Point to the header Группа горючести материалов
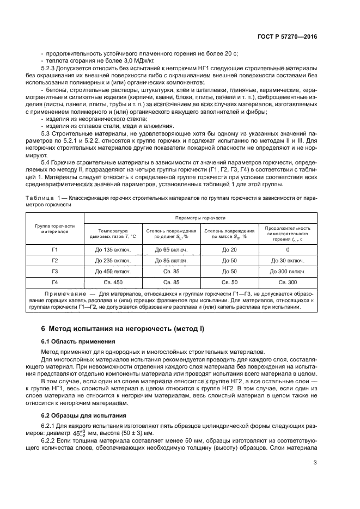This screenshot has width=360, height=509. coord(54,228)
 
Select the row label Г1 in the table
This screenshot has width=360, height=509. coord(54,249)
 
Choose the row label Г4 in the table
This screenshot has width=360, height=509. coord(54,282)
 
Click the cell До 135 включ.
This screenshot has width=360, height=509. coord(113,249)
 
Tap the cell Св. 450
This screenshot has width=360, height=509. coord(113,282)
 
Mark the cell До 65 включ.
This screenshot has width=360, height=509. coord(171,249)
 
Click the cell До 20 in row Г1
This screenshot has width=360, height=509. coord(230,249)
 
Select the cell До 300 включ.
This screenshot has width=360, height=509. coord(288,271)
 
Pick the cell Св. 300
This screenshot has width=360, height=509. coord(288,282)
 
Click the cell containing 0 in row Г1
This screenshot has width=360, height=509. coord(288,249)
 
